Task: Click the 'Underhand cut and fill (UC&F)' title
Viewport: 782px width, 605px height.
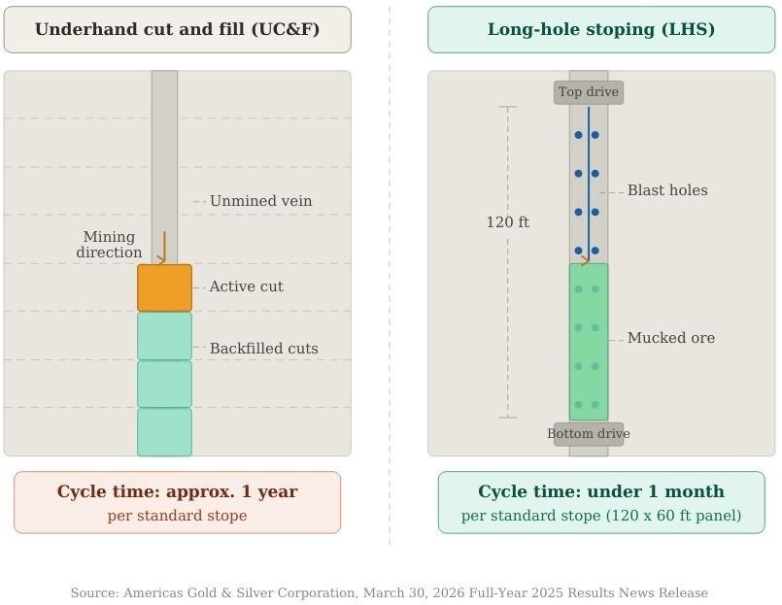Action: [x=177, y=30]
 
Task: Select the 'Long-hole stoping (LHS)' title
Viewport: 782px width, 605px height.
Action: [x=601, y=30]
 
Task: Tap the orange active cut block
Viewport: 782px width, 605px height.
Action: [x=164, y=287]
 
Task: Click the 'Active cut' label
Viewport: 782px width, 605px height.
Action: [x=246, y=287]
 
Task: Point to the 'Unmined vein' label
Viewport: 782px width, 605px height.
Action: [x=260, y=201]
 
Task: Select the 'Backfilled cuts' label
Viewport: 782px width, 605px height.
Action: [x=263, y=349]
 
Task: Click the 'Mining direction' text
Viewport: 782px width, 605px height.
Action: [x=109, y=245]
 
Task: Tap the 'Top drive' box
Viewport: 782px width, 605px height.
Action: [x=589, y=92]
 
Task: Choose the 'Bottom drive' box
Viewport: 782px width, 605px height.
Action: [x=589, y=434]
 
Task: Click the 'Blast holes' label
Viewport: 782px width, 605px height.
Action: [x=667, y=190]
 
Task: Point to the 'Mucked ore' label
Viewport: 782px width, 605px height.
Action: [x=670, y=338]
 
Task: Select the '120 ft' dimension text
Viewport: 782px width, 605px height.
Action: [x=507, y=222]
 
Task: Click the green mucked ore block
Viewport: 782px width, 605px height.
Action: [x=589, y=342]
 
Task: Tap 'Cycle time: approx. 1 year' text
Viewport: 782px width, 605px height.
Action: [x=177, y=491]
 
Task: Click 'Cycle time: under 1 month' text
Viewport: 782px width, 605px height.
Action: [x=601, y=491]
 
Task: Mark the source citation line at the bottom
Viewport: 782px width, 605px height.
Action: [x=389, y=592]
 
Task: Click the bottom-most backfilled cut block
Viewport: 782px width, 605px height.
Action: [x=164, y=432]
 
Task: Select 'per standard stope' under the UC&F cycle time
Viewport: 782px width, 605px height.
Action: [x=177, y=516]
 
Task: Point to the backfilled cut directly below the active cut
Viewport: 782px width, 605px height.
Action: [x=164, y=336]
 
